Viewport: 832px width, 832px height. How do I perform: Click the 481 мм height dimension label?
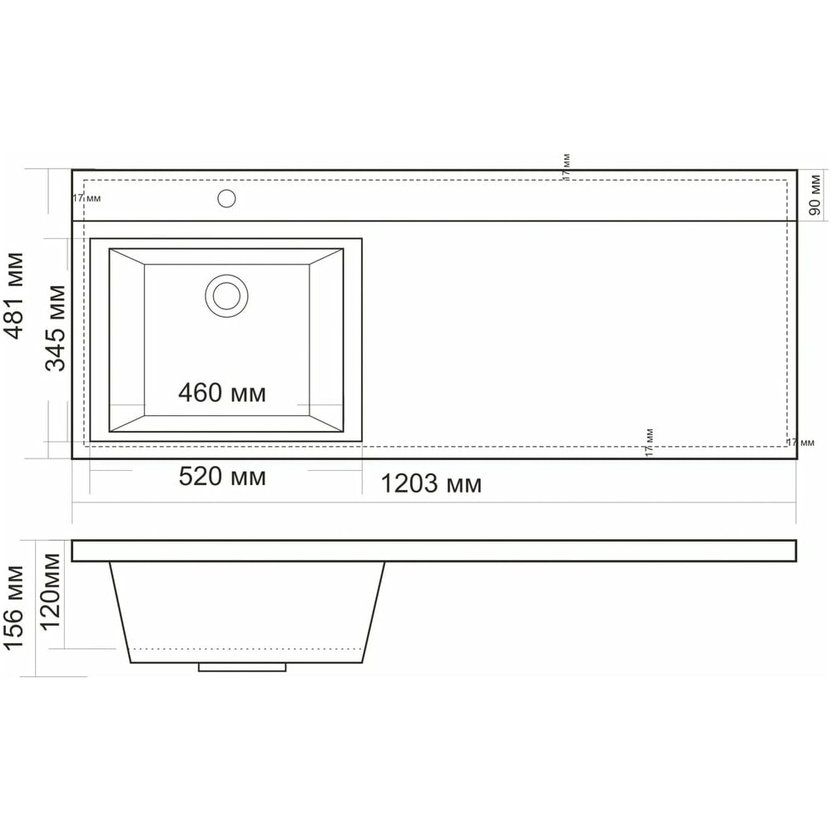(14, 295)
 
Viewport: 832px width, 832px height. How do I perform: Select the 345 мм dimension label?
(55, 329)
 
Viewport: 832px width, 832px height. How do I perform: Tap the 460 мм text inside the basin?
(222, 394)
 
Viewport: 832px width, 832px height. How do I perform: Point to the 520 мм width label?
(222, 477)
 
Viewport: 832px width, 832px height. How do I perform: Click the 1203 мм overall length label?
(431, 484)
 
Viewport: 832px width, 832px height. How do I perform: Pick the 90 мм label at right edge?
(815, 195)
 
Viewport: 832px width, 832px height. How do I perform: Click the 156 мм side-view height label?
(14, 607)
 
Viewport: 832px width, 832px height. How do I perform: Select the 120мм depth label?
(51, 592)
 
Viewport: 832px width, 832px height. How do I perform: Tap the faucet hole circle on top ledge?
(226, 199)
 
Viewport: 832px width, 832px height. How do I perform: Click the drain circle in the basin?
(226, 296)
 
